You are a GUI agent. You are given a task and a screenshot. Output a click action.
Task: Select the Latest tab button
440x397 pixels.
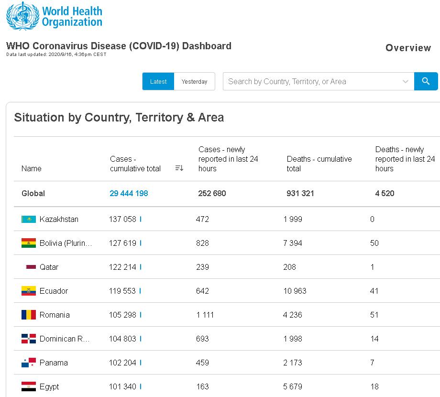[158, 81]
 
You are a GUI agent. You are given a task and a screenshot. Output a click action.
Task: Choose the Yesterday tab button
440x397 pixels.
[195, 81]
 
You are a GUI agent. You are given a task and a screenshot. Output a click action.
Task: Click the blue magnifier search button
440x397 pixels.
[426, 81]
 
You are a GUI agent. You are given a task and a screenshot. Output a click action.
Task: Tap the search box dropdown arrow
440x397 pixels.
[406, 81]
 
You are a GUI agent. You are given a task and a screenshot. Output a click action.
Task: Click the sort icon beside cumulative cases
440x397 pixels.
[179, 168]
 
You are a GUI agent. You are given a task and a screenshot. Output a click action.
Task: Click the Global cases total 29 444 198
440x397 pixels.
[129, 193]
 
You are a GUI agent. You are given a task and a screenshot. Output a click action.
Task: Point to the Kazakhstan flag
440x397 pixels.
[29, 219]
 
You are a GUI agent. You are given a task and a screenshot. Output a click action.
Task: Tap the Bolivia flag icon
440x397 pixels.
[29, 243]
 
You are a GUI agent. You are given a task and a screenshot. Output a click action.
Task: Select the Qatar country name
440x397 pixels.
[49, 267]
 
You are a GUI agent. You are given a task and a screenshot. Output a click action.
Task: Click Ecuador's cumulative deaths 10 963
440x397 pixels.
[295, 291]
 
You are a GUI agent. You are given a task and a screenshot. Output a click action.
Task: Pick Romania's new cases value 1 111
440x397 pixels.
[205, 315]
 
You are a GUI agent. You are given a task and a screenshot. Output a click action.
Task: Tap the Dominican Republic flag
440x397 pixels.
[29, 339]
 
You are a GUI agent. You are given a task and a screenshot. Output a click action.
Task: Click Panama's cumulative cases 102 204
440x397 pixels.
[122, 363]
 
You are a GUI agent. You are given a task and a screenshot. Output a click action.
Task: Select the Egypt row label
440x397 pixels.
[49, 386]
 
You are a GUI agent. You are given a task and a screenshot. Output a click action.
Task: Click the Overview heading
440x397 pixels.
[408, 48]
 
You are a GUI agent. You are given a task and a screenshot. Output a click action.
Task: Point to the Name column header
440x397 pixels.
[32, 168]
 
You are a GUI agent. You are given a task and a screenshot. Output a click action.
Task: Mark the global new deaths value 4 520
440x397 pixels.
[385, 193]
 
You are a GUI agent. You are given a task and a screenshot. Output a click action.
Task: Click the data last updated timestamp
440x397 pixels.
[56, 55]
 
